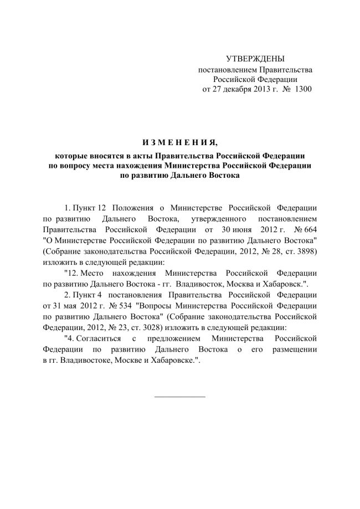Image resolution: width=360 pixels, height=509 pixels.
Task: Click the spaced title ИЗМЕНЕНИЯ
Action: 179,138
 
